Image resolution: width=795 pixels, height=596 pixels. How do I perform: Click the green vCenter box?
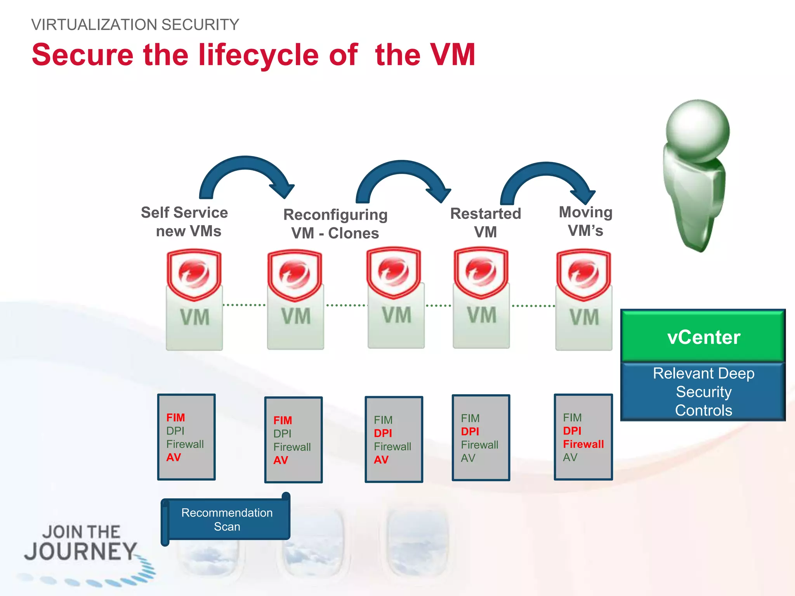(x=703, y=336)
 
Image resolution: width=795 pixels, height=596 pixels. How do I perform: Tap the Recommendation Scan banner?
(x=227, y=520)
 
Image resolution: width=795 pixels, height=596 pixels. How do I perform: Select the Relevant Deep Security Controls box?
(x=703, y=392)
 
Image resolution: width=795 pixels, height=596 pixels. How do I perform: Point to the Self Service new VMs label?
(x=185, y=222)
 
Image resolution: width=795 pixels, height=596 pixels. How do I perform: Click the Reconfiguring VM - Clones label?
(x=335, y=224)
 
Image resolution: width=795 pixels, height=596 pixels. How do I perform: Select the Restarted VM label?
(x=485, y=223)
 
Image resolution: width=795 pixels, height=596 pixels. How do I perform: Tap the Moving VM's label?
(x=585, y=221)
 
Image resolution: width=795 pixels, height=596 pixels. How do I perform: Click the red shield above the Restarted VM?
(x=481, y=273)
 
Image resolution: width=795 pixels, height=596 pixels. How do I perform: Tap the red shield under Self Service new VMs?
(x=194, y=275)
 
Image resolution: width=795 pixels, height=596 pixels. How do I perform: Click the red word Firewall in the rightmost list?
(x=583, y=444)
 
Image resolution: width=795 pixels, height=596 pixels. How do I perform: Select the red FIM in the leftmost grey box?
(x=175, y=418)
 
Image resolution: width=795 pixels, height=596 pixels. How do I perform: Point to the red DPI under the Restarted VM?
(x=470, y=431)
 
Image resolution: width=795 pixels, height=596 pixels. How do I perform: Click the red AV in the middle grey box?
(x=381, y=460)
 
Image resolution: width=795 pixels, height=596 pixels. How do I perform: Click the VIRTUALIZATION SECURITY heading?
(x=135, y=25)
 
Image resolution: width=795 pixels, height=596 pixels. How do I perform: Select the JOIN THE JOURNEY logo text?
(x=81, y=543)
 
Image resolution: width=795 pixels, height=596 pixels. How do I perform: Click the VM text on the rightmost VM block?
(x=584, y=317)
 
